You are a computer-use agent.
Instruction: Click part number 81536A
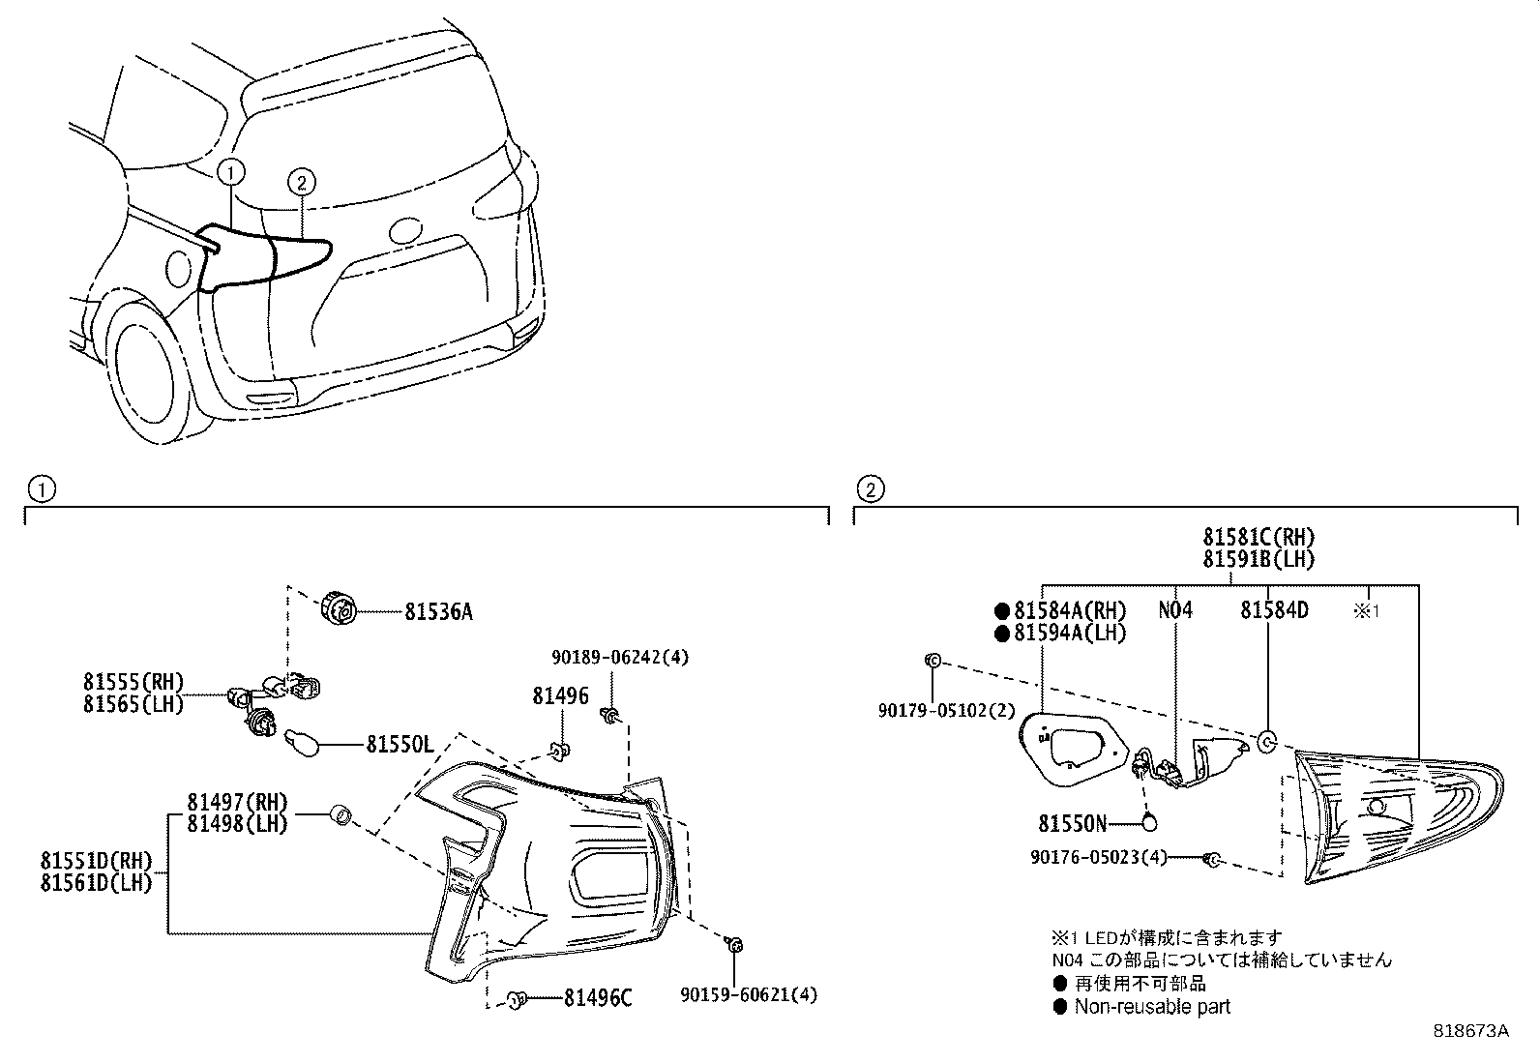[438, 612]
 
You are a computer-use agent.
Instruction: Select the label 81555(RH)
[133, 683]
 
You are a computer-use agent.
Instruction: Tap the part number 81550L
[399, 745]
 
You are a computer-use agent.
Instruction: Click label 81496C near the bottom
[597, 998]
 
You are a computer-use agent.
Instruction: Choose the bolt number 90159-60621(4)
[749, 993]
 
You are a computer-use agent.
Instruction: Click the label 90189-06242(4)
[620, 657]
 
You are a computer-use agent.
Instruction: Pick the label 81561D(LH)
[96, 882]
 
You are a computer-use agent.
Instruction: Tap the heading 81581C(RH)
[1259, 538]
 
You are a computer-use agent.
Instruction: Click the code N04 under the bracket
[1175, 610]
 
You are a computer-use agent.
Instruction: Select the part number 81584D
[1274, 610]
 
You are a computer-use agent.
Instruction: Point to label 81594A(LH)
[1070, 633]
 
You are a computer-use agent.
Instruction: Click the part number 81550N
[1072, 823]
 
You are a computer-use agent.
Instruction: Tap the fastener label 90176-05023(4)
[1098, 857]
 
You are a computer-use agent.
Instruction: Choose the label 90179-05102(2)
[946, 710]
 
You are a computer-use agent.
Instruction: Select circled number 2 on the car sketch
[301, 181]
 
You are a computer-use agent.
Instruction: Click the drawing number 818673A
[1470, 1031]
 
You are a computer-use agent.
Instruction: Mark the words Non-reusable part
[1151, 1007]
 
